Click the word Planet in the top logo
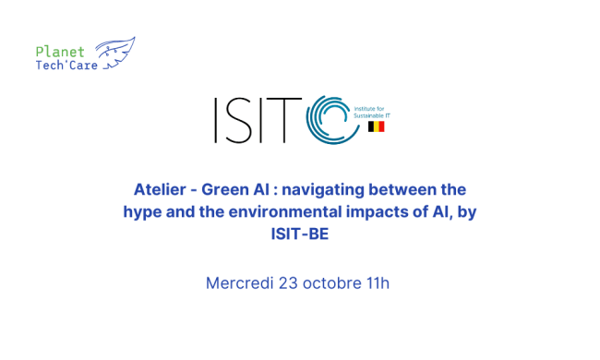(x=60, y=52)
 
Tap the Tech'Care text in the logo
(x=66, y=66)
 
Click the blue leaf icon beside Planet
(x=114, y=53)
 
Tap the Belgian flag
(x=376, y=126)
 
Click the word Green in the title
(x=229, y=190)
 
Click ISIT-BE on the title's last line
(x=299, y=234)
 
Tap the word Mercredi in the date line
(x=239, y=282)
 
